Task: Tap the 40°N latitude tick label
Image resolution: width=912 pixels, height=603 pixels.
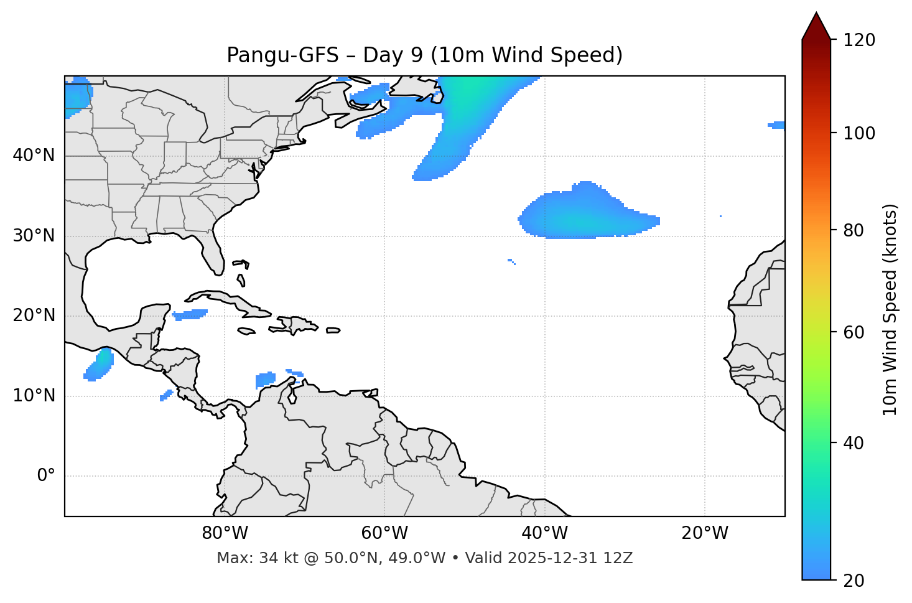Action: [x=34, y=156]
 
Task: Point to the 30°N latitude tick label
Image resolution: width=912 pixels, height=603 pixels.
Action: [x=34, y=236]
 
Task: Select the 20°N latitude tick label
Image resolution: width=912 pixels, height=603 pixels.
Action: [x=34, y=316]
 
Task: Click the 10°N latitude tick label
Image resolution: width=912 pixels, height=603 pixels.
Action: [x=34, y=396]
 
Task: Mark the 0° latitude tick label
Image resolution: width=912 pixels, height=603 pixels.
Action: [x=45, y=476]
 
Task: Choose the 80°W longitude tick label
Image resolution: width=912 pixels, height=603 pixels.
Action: [x=225, y=533]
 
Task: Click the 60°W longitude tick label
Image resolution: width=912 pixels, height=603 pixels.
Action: [x=384, y=533]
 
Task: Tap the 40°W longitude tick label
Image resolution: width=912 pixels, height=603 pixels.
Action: [x=545, y=533]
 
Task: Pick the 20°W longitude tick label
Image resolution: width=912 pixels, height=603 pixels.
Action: [x=705, y=533]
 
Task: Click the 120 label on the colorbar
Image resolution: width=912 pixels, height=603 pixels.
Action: [x=859, y=40]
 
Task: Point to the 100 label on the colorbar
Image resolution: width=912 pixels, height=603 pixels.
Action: [x=859, y=133]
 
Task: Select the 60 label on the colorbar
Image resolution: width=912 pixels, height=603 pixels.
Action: [x=854, y=332]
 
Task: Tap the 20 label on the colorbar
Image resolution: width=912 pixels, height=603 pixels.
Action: [x=854, y=581]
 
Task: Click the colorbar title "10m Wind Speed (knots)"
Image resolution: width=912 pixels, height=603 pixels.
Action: [x=890, y=309]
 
